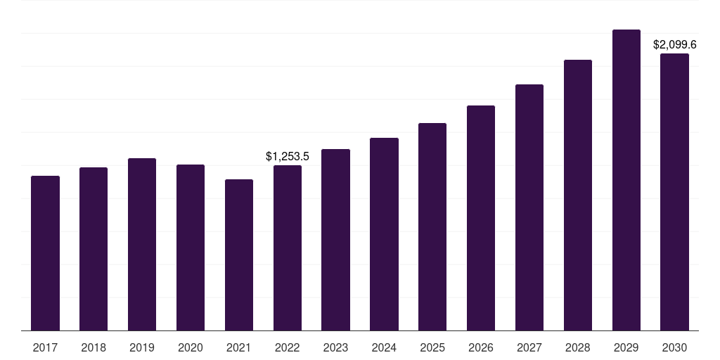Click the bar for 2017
pyautogui.click(x=45, y=253)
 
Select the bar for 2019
pyautogui.click(x=142, y=244)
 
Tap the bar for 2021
pyautogui.click(x=239, y=255)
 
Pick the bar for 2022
pyautogui.click(x=288, y=248)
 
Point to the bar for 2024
pyautogui.click(x=385, y=234)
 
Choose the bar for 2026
pyautogui.click(x=481, y=218)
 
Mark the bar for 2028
pyautogui.click(x=578, y=195)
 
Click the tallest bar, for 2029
pyautogui.click(x=626, y=180)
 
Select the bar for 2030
pyautogui.click(x=674, y=192)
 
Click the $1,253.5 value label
pyautogui.click(x=288, y=157)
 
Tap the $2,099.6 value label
pyautogui.click(x=674, y=44)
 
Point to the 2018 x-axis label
pyautogui.click(x=94, y=347)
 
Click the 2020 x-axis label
pyautogui.click(x=191, y=347)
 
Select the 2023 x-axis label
pyautogui.click(x=335, y=347)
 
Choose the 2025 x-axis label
pyautogui.click(x=432, y=347)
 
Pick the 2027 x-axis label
pyautogui.click(x=529, y=347)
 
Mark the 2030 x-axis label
pyautogui.click(x=674, y=347)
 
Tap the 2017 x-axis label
pyautogui.click(x=45, y=347)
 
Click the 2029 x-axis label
pyautogui.click(x=626, y=347)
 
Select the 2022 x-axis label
pyautogui.click(x=288, y=347)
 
